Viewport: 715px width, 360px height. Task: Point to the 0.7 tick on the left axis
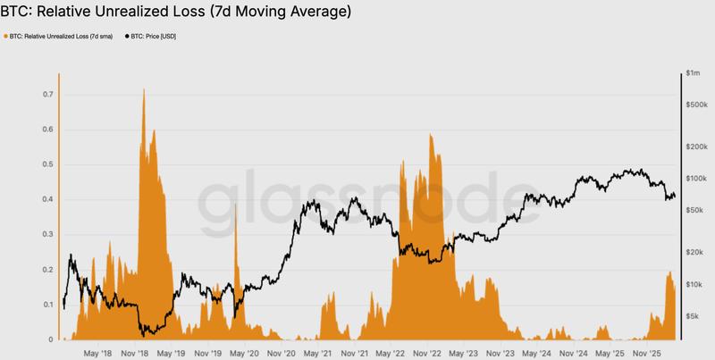[47, 95]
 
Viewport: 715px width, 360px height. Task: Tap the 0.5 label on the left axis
[47, 164]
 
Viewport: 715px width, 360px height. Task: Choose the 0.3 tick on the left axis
[47, 235]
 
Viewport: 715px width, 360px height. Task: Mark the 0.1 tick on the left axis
[47, 305]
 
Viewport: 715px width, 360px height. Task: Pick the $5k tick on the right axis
[692, 315]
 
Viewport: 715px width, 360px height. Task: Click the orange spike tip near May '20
[235, 205]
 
